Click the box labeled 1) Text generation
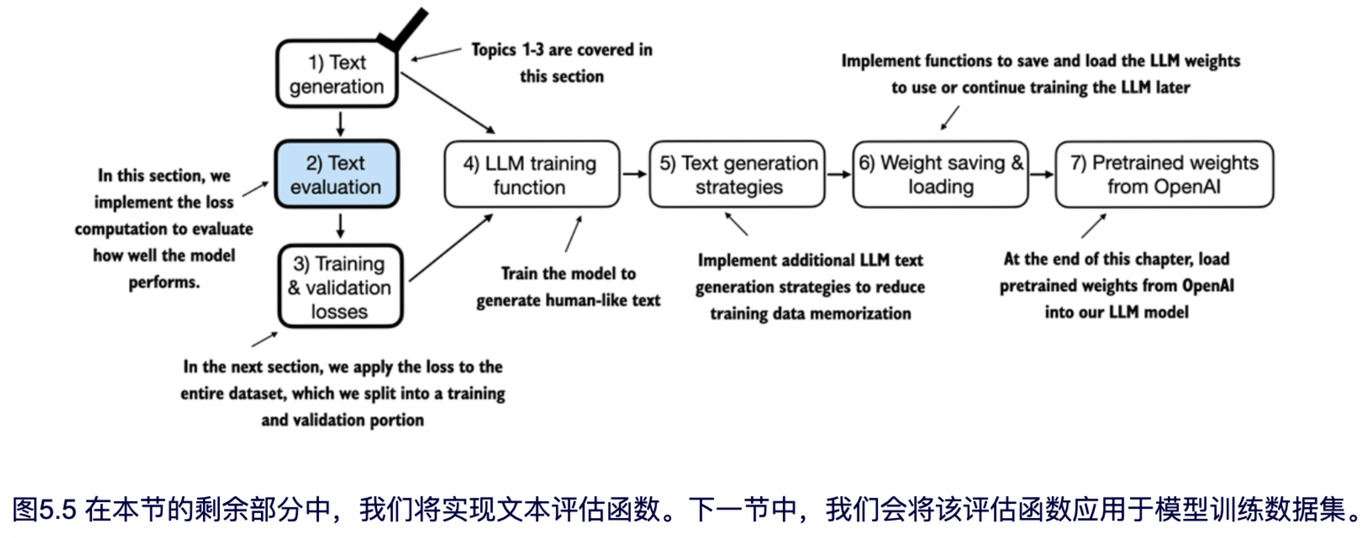tap(336, 74)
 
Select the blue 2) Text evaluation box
tap(336, 174)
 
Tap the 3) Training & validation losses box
tap(340, 287)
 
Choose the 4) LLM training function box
tap(531, 174)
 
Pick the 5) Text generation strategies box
tap(737, 174)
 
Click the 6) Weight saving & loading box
tap(940, 174)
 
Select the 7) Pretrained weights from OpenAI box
tap(1164, 174)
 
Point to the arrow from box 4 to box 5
tap(634, 174)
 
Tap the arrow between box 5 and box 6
tap(839, 174)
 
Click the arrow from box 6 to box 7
tap(1042, 174)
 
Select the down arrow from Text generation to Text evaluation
tap(341, 124)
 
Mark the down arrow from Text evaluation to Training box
tap(341, 226)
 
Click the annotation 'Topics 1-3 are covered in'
tap(561, 50)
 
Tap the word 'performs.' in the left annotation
tap(164, 282)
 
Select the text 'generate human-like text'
tap(568, 301)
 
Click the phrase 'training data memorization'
tap(810, 314)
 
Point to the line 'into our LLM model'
tap(1117, 312)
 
